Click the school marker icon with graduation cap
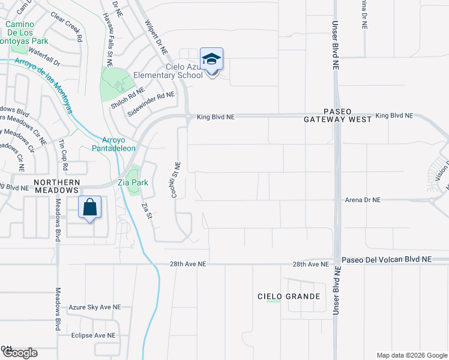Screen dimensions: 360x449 tap(211, 59)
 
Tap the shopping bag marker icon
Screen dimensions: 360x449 tap(89, 208)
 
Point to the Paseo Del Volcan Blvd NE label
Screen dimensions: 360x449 tap(387, 260)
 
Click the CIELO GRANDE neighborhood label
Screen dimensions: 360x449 tap(288, 296)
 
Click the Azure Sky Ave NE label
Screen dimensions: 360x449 tap(95, 307)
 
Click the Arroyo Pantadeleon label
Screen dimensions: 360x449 tap(113, 144)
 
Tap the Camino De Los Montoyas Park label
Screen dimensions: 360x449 tap(26, 32)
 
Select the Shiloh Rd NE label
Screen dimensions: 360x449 tap(127, 98)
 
